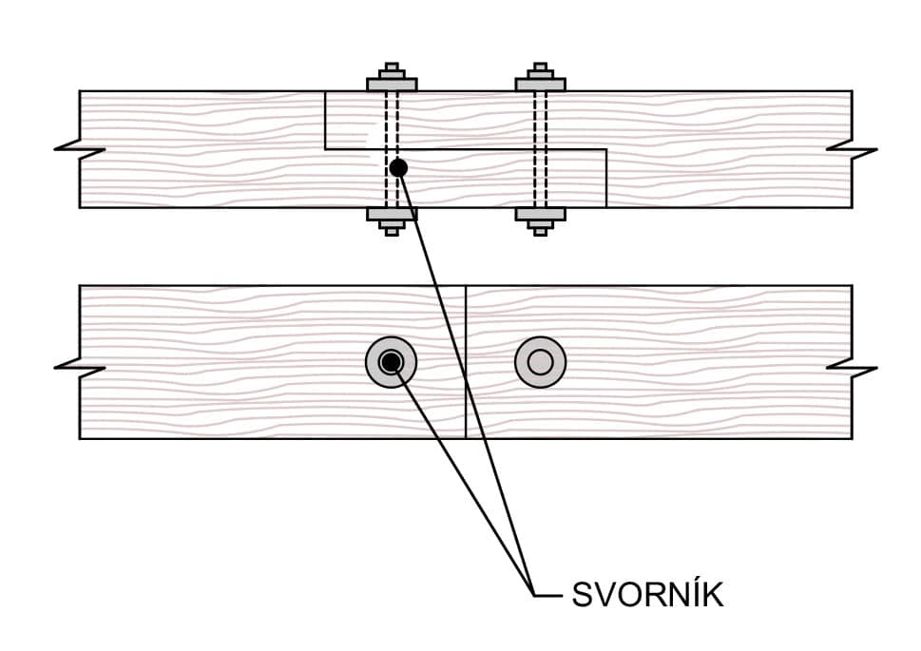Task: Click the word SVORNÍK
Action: point(647,595)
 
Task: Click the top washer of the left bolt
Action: point(392,85)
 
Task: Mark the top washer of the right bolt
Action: point(540,85)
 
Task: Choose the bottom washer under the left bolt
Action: point(392,214)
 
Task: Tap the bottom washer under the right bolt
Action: point(540,214)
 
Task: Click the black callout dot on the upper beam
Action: point(398,167)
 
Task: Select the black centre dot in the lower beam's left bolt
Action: point(391,362)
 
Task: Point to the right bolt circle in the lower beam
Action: point(540,362)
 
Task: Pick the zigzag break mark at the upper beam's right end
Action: point(852,149)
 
